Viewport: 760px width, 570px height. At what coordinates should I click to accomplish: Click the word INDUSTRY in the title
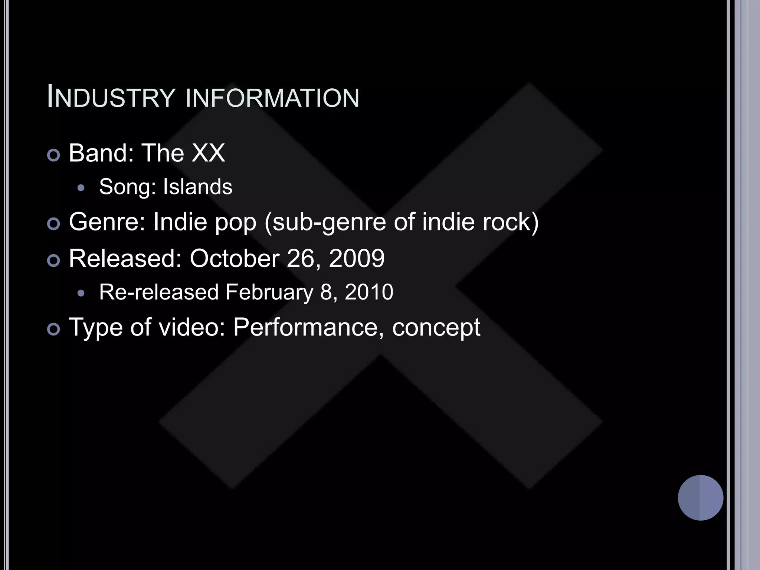[x=111, y=98]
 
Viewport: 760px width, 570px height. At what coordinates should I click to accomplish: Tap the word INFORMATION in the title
[x=272, y=98]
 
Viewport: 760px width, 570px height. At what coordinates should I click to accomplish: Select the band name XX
[x=208, y=153]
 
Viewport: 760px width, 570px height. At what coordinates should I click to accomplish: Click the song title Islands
[x=197, y=186]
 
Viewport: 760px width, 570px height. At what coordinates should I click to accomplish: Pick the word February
[x=269, y=292]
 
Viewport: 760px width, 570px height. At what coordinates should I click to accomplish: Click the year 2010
[x=369, y=292]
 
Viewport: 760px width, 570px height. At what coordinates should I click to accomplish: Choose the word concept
[x=436, y=327]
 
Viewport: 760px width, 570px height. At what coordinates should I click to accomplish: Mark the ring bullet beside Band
[x=54, y=155]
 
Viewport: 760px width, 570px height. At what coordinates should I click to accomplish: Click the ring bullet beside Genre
[x=54, y=224]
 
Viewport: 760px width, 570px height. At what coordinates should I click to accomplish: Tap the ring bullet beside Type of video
[x=54, y=330]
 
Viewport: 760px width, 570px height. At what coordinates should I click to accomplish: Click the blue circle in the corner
[x=700, y=498]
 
